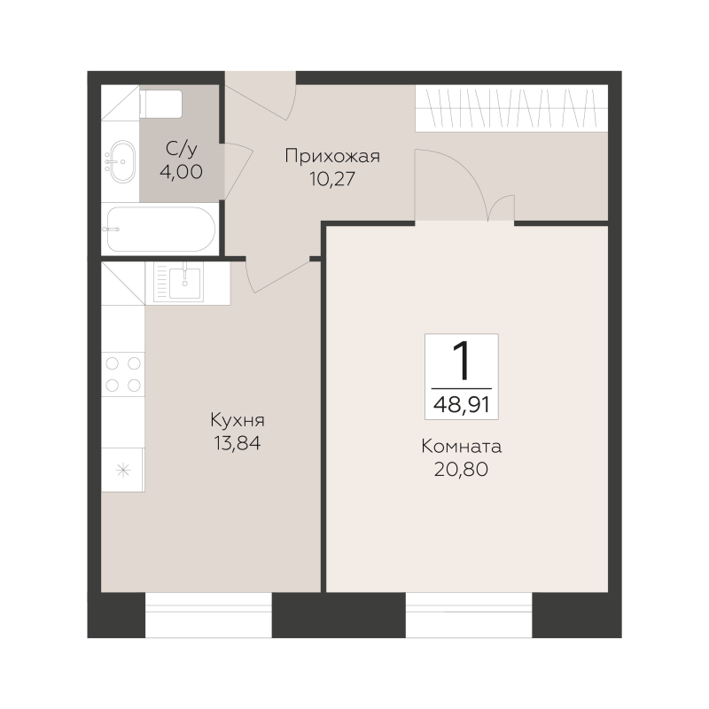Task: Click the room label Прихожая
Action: click(x=332, y=157)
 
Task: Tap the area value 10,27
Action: click(x=332, y=180)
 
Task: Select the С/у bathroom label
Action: click(x=182, y=149)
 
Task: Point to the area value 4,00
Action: click(x=181, y=172)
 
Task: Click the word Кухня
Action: click(x=238, y=420)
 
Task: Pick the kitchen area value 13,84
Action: click(x=238, y=444)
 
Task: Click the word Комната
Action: click(x=461, y=447)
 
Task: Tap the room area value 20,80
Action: click(x=461, y=470)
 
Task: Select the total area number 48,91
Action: click(x=461, y=405)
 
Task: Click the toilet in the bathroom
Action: click(x=161, y=104)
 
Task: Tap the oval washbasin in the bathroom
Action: click(x=121, y=161)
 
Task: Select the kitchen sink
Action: click(x=178, y=282)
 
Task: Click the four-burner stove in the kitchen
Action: click(x=123, y=374)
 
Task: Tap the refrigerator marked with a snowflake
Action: click(x=123, y=470)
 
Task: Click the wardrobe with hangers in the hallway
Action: click(x=511, y=108)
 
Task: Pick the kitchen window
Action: click(x=208, y=615)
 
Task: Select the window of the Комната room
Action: click(x=469, y=615)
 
